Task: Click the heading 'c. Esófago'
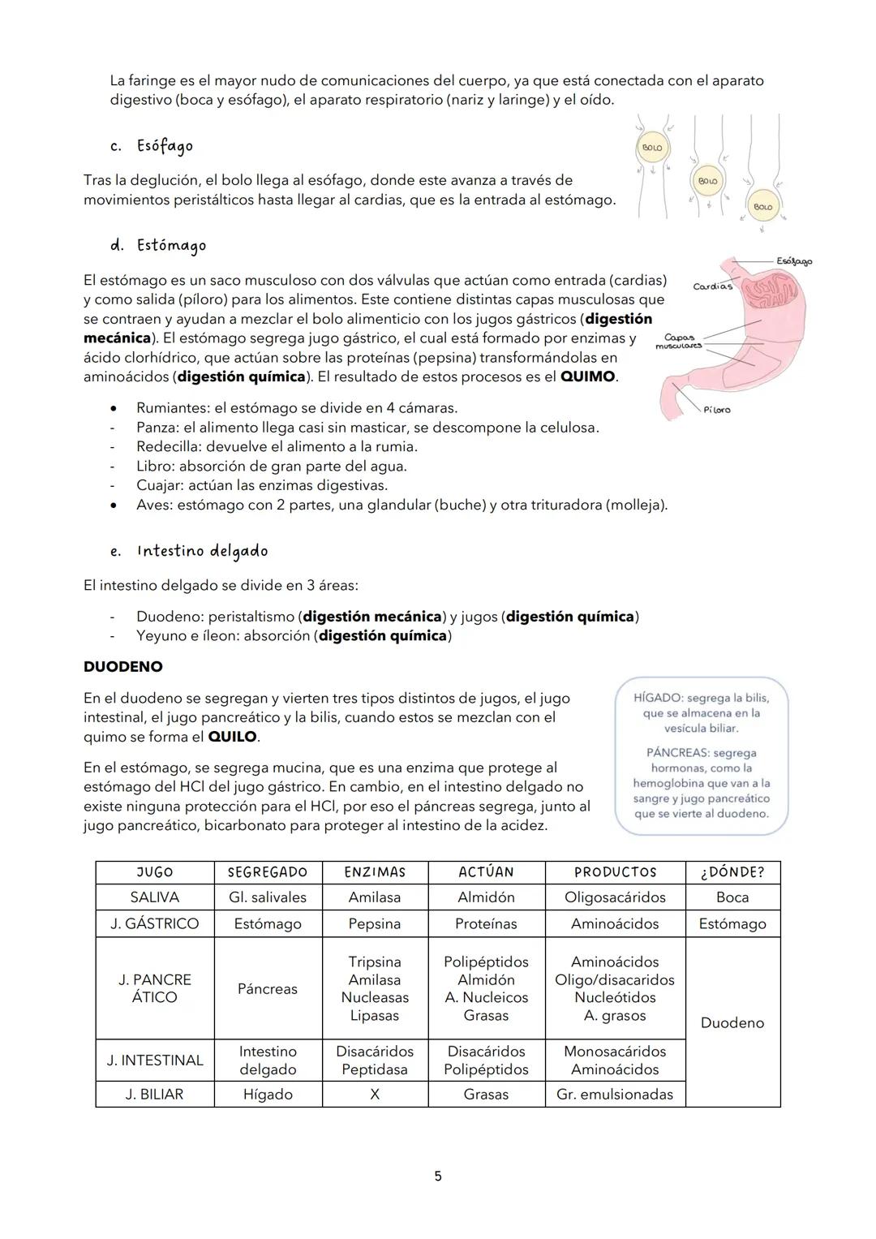click(x=152, y=147)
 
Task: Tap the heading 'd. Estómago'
click(x=158, y=245)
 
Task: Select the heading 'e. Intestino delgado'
click(x=189, y=552)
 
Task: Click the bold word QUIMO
click(x=588, y=377)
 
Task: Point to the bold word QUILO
click(x=232, y=738)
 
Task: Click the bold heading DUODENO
click(x=122, y=667)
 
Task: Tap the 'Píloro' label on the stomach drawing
click(x=716, y=410)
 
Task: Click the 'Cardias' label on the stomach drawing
click(x=711, y=286)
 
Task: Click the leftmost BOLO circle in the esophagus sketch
click(x=652, y=148)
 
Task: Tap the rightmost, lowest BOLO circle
click(x=762, y=207)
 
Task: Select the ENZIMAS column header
click(x=375, y=872)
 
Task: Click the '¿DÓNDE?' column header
click(x=732, y=872)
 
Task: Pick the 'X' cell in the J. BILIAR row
click(x=375, y=1095)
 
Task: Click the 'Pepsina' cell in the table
click(x=375, y=924)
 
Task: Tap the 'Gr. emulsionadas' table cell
click(x=615, y=1095)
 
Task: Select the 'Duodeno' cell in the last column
click(x=732, y=1023)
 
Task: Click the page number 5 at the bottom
click(x=438, y=1177)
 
